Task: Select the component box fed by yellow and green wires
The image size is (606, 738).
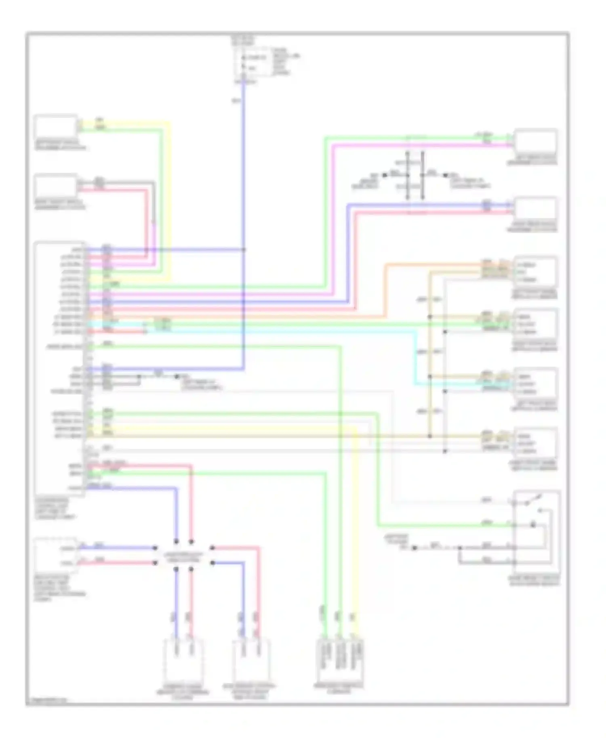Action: (55, 126)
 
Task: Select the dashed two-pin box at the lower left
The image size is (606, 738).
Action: (56, 555)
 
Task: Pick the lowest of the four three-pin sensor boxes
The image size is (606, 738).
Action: (535, 443)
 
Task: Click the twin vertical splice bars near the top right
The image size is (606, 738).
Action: (415, 175)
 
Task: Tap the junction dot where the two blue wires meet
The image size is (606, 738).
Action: (244, 249)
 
